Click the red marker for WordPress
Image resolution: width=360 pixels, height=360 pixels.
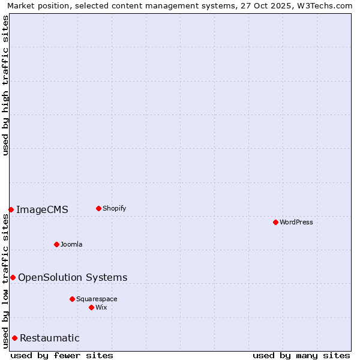tap(275, 222)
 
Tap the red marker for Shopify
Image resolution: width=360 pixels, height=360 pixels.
tap(98, 208)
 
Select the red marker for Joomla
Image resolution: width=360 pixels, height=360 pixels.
tap(56, 244)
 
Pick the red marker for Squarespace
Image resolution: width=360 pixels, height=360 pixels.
tap(72, 299)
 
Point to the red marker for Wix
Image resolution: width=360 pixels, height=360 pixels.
tap(91, 307)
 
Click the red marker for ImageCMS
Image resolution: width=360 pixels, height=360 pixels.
tap(11, 209)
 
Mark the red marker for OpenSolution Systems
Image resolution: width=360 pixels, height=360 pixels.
tap(13, 277)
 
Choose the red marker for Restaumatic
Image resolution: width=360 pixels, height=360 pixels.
tap(14, 338)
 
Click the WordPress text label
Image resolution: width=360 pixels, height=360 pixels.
tap(296, 222)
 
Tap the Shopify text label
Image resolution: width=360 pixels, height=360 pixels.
tap(115, 208)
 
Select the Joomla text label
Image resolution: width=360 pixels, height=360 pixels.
tap(71, 244)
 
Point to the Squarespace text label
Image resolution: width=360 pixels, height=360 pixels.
tap(97, 299)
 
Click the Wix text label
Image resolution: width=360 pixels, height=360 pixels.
tap(101, 307)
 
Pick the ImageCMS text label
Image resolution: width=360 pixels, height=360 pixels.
tap(42, 209)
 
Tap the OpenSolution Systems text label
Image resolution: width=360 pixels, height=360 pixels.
tap(73, 277)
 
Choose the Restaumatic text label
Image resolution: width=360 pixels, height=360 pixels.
tap(50, 338)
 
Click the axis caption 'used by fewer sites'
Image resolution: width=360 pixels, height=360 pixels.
tap(62, 355)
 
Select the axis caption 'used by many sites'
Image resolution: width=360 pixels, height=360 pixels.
tap(301, 355)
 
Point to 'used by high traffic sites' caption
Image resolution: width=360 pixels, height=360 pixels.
tap(5, 85)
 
